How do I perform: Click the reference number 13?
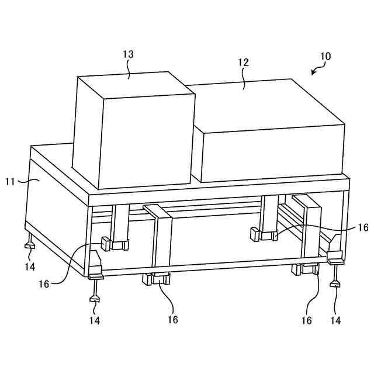[x=128, y=54]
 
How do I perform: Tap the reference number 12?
[x=243, y=61]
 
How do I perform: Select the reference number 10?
[x=325, y=57]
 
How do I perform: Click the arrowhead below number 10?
[x=313, y=74]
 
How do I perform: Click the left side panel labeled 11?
[x=56, y=205]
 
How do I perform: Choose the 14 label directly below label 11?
[x=30, y=267]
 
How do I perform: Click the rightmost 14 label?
[x=335, y=320]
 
